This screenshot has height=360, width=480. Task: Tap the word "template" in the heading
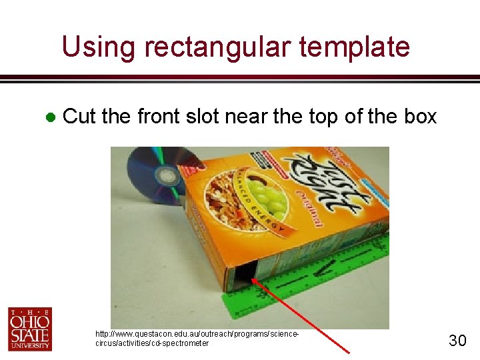[355, 47]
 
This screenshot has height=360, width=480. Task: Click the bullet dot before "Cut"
[49, 117]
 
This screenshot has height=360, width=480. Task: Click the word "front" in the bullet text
[157, 117]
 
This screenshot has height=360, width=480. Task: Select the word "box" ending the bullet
[421, 117]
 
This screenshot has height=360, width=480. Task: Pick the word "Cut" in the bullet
[79, 117]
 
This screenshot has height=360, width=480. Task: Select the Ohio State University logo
[30, 329]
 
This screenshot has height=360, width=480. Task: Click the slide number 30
[457, 341]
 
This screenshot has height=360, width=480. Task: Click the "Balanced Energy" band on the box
[267, 217]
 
